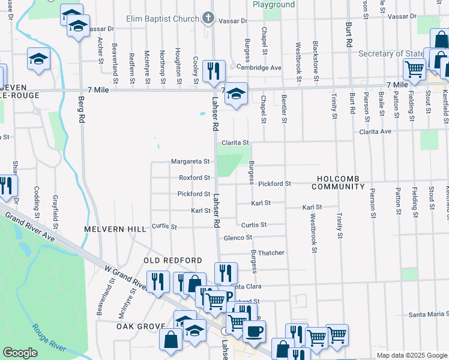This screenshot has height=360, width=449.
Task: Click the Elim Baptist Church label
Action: click(x=162, y=19)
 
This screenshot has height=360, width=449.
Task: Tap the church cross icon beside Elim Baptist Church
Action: click(x=208, y=18)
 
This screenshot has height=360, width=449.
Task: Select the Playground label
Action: click(x=273, y=4)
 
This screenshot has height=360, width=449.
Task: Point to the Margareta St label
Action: click(x=190, y=161)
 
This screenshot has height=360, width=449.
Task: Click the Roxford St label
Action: click(x=194, y=178)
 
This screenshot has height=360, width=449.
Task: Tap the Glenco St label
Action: click(x=238, y=238)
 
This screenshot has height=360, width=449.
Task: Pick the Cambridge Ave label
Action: click(x=259, y=68)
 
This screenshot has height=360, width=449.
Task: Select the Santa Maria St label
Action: click(x=429, y=314)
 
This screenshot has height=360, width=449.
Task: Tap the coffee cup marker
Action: click(x=254, y=331)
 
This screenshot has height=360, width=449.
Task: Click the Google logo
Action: click(x=20, y=353)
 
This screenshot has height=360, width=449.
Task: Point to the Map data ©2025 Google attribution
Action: click(x=411, y=355)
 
